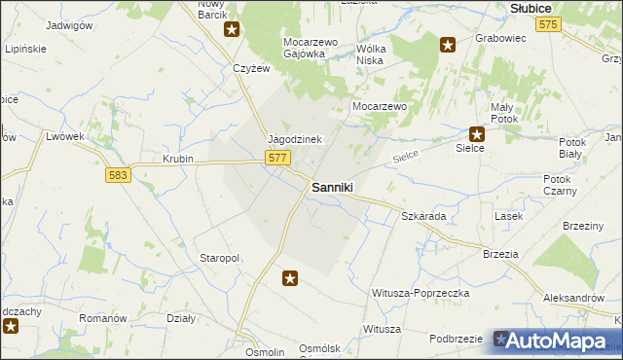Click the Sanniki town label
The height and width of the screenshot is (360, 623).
point(331,187)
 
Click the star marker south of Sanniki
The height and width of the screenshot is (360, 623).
point(290,279)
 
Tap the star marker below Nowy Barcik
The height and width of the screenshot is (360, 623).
point(232,28)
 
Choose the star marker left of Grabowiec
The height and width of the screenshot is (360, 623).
point(448,44)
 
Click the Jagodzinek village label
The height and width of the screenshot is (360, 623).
point(295,139)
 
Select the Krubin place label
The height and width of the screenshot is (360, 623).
point(178,159)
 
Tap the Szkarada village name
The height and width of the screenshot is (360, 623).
point(423,216)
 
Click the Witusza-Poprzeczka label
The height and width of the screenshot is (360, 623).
point(421,293)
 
